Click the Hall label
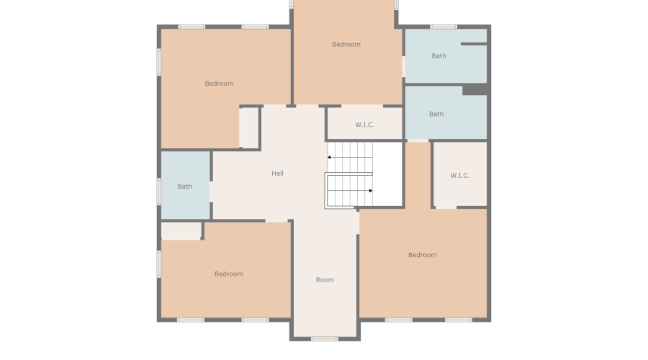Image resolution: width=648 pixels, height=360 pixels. tap(277, 174)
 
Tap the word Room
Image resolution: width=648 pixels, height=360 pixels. tap(325, 280)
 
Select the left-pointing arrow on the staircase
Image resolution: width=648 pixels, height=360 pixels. tap(330, 156)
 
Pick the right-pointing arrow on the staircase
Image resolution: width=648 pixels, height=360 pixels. tap(370, 191)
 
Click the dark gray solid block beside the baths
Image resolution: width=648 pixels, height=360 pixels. tap(474, 89)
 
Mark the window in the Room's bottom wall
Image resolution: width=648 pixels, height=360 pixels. tap(325, 338)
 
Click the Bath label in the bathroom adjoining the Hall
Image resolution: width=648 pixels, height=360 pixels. tap(185, 186)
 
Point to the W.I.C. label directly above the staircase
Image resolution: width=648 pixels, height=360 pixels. tap(364, 125)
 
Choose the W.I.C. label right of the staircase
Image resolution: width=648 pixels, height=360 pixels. tap(459, 176)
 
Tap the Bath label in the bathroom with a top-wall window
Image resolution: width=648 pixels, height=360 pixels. tap(438, 56)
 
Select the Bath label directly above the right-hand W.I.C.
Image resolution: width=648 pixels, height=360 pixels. tap(436, 114)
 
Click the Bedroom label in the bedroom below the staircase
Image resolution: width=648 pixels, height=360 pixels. tap(422, 255)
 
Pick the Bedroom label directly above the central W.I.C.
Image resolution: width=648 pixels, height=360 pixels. tap(346, 45)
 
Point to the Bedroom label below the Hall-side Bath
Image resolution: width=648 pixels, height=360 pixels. tap(228, 274)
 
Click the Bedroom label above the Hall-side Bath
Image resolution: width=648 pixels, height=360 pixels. tap(219, 84)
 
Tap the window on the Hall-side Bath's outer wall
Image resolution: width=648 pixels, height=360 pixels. tap(158, 191)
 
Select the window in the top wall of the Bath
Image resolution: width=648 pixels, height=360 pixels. tap(444, 27)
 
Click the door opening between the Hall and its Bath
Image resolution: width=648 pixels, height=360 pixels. tap(212, 192)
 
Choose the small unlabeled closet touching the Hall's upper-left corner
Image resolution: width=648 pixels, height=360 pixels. tap(249, 127)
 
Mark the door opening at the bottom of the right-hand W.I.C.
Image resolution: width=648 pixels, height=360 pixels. tap(446, 207)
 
